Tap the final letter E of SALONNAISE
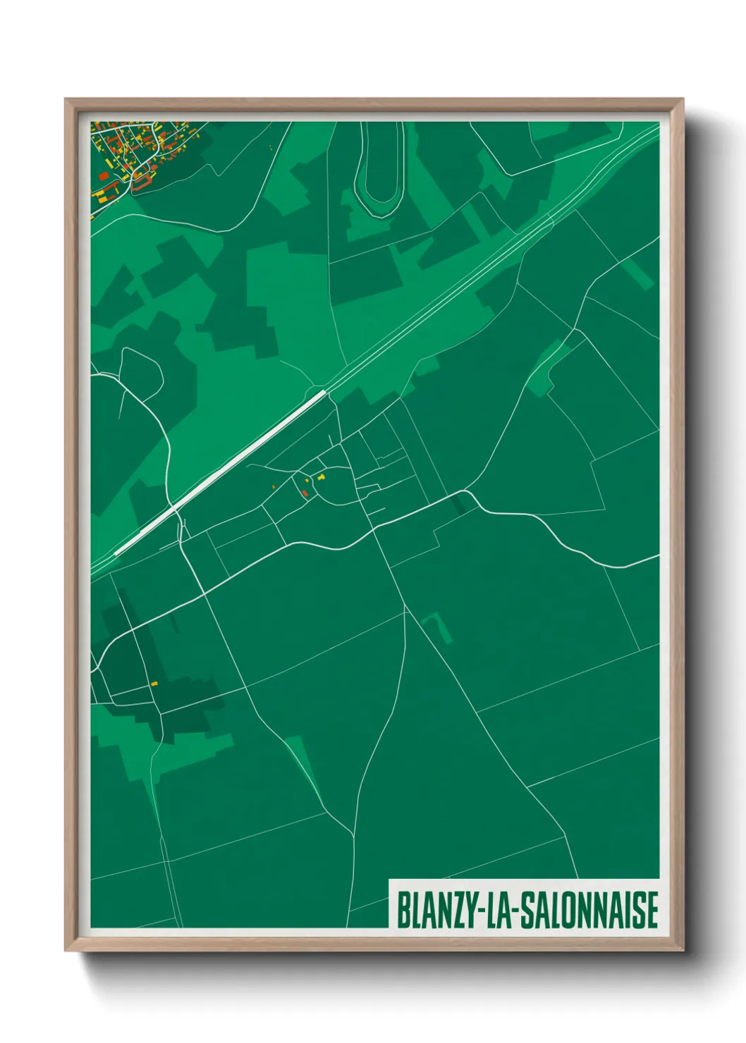click(652, 911)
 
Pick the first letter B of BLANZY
click(403, 911)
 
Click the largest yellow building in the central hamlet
click(321, 477)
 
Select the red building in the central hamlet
click(305, 493)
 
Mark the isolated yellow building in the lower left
click(154, 683)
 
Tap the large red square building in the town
click(104, 174)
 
